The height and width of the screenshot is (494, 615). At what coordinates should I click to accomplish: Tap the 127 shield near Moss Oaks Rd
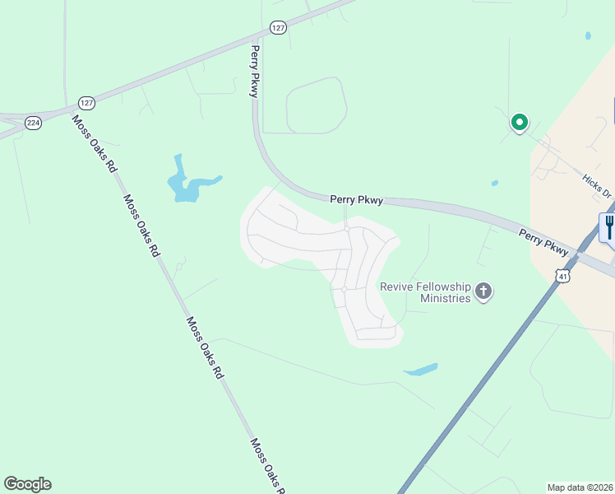tap(87, 103)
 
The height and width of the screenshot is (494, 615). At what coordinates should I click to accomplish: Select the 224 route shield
tap(33, 122)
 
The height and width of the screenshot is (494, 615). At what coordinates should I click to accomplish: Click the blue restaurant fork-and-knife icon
tap(608, 226)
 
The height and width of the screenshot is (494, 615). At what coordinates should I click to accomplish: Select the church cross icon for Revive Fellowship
tap(483, 291)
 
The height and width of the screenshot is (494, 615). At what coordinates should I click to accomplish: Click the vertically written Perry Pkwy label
tap(255, 72)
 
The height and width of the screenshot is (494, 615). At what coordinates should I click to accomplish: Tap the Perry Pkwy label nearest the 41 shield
tap(543, 241)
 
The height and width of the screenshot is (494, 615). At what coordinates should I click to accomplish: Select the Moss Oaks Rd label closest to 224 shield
tap(94, 143)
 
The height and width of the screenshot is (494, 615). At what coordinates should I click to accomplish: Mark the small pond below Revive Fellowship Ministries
tap(420, 370)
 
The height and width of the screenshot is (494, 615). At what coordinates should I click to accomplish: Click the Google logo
tap(27, 484)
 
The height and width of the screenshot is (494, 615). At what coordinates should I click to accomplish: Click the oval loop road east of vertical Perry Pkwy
tap(316, 105)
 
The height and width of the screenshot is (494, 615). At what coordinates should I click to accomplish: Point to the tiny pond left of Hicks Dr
tap(494, 183)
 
